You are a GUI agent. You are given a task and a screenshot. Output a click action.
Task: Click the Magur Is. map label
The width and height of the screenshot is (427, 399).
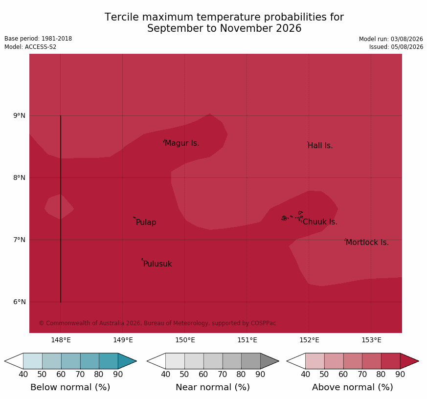182,143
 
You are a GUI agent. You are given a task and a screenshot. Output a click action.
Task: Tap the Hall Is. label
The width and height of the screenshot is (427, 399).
320,146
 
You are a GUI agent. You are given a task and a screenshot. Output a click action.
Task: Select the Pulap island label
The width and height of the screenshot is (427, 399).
146,222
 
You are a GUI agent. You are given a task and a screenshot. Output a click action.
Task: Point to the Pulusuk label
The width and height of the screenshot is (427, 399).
157,264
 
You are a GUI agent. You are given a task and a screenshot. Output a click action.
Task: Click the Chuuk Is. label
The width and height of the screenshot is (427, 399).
320,222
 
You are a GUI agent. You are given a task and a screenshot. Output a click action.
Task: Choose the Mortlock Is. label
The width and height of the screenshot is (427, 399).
367,242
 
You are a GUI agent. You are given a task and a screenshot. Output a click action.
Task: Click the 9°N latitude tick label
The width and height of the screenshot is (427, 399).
19,116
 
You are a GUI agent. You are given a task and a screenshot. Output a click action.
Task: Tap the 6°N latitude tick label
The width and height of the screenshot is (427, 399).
19,302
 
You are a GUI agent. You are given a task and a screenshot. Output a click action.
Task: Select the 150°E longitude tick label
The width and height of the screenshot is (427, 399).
185,340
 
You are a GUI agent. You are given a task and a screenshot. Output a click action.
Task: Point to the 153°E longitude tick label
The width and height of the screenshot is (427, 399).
371,340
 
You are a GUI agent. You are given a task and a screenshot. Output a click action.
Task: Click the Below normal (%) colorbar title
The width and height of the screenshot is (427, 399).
70,387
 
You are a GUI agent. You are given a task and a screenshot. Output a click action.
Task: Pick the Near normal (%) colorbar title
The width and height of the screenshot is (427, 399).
213,387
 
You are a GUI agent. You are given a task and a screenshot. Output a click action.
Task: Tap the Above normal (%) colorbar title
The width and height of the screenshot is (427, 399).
352,387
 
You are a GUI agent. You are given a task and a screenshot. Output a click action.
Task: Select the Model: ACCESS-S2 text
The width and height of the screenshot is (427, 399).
30,47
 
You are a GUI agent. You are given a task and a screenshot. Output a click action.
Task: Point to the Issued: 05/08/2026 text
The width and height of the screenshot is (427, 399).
396,47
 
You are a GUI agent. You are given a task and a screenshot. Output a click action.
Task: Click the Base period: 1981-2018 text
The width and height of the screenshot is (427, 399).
38,39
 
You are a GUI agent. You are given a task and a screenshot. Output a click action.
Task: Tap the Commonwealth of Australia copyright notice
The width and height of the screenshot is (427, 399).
157,323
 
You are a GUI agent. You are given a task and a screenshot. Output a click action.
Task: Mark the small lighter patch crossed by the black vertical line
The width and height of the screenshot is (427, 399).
59,207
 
